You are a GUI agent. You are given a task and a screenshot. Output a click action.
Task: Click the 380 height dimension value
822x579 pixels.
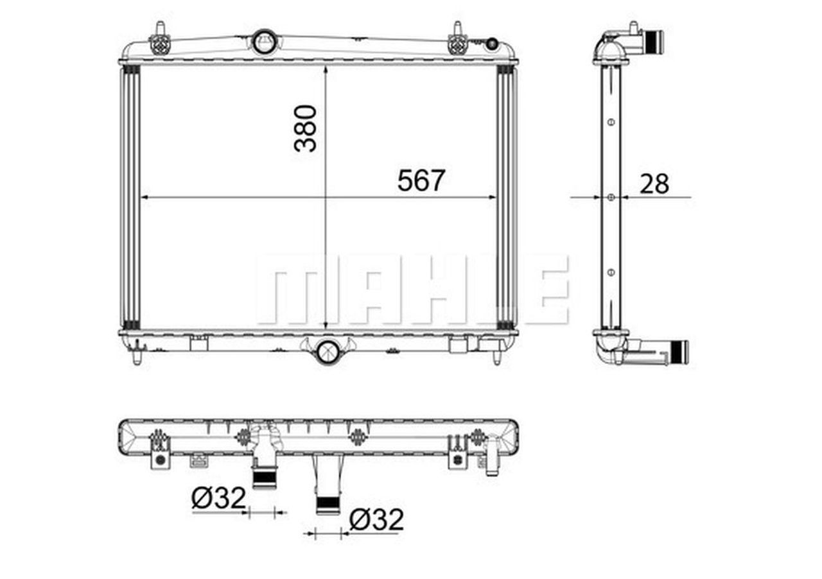306,128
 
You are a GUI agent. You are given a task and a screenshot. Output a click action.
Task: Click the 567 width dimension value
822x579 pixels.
421,180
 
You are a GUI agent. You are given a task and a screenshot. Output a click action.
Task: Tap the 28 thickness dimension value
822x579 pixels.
654,184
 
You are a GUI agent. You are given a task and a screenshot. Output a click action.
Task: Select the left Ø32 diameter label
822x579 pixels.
218,497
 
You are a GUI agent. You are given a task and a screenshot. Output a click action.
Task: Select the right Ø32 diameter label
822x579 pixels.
376,520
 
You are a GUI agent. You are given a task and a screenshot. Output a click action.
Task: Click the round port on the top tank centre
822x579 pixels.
263,42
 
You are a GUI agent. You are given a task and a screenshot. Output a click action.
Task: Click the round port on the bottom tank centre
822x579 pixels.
328,351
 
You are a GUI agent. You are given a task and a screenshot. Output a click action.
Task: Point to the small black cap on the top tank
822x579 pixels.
492,44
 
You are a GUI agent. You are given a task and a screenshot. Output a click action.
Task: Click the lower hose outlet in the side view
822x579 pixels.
678,352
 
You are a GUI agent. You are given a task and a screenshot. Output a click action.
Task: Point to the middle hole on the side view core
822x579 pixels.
611,197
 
